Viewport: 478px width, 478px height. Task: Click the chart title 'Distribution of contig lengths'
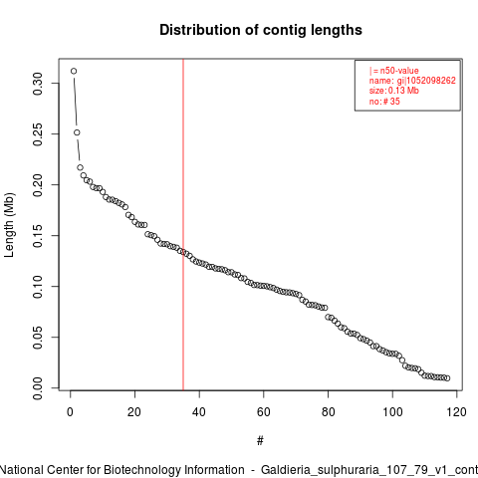click(261, 30)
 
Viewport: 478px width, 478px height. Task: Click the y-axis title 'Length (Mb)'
click(9, 225)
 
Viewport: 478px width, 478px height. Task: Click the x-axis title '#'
click(260, 441)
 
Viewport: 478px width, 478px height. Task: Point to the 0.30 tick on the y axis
click(38, 84)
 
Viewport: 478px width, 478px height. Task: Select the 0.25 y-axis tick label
click(38, 134)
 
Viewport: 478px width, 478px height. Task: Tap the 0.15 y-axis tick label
click(38, 236)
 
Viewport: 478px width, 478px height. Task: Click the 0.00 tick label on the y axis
click(38, 388)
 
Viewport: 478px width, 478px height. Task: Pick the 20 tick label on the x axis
click(134, 412)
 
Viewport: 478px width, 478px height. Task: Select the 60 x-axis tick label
click(264, 412)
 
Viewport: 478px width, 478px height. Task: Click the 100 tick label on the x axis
click(392, 412)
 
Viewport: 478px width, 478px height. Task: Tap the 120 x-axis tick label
click(457, 412)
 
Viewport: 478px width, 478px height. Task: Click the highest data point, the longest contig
click(74, 71)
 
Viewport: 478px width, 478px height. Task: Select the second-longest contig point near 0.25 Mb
click(77, 132)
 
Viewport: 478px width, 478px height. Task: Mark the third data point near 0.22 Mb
click(80, 167)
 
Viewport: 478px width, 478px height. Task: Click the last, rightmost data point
click(447, 378)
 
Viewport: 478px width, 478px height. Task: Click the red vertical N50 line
click(183, 224)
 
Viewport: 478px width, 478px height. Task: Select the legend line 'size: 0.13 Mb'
click(394, 91)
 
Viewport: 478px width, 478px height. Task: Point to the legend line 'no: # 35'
click(384, 102)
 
